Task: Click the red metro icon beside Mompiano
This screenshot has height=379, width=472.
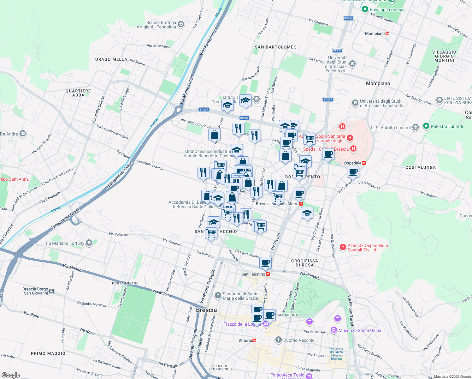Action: pyautogui.click(x=387, y=33)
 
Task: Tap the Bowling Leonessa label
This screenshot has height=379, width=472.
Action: pyautogui.click(x=387, y=9)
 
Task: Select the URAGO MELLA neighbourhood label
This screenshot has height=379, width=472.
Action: pyautogui.click(x=111, y=59)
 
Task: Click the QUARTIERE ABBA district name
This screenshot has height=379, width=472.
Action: pyautogui.click(x=78, y=93)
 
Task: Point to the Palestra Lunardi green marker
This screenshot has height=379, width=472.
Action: pyautogui.click(x=426, y=126)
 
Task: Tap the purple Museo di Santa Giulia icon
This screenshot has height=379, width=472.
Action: pyautogui.click(x=333, y=330)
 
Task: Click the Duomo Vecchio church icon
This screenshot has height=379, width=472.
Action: pyautogui.click(x=278, y=340)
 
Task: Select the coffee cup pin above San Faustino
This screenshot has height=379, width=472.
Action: pyautogui.click(x=266, y=262)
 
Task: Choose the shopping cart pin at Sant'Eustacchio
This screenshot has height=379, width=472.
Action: pyautogui.click(x=211, y=233)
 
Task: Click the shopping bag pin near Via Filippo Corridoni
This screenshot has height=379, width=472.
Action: pyautogui.click(x=214, y=135)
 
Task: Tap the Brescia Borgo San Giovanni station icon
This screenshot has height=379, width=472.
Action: pyautogui.click(x=52, y=291)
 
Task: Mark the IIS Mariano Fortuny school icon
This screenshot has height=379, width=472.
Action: pyautogui.click(x=89, y=243)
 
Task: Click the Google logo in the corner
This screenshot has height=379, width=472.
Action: pyautogui.click(x=10, y=375)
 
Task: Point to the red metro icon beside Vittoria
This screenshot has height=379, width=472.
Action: pyautogui.click(x=254, y=340)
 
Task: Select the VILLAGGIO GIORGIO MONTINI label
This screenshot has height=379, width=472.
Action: pyautogui.click(x=444, y=56)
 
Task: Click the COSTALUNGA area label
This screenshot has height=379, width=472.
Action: pyautogui.click(x=420, y=167)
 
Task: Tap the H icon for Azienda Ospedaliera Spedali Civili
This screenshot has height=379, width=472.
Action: pyautogui.click(x=343, y=247)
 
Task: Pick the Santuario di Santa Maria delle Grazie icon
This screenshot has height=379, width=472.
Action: pyautogui.click(x=218, y=296)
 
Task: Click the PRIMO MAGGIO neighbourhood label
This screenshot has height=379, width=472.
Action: pyautogui.click(x=48, y=353)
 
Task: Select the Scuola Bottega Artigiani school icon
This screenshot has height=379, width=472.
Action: pyautogui.click(x=181, y=24)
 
